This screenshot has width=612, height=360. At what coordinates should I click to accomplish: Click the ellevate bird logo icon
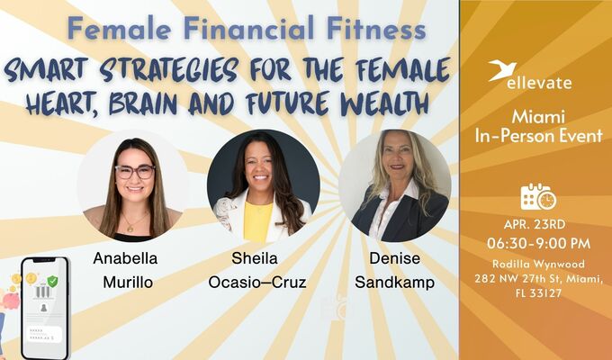click(x=502, y=70)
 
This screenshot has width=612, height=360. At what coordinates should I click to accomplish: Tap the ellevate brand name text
click(x=544, y=83)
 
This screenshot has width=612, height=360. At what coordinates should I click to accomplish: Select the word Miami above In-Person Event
click(x=538, y=118)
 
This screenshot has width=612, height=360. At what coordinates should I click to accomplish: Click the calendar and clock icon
click(x=538, y=196)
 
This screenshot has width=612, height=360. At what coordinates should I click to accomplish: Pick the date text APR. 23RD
click(x=538, y=224)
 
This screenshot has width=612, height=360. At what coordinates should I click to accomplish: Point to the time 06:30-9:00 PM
click(x=538, y=243)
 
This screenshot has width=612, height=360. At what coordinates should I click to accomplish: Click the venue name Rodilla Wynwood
click(x=538, y=263)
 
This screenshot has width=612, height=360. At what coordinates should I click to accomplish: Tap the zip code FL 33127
click(x=538, y=292)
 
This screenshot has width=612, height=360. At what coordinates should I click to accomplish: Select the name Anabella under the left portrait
click(x=123, y=259)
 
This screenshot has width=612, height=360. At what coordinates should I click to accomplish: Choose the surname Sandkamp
click(x=393, y=283)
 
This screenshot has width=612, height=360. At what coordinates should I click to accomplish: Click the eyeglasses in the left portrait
click(x=134, y=171)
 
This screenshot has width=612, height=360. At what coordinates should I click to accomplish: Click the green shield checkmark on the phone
click(x=53, y=281)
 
